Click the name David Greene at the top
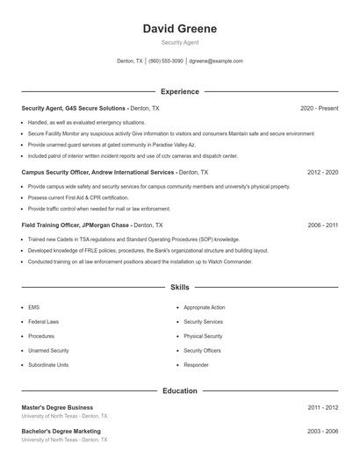(179, 29)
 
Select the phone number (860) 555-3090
(166, 61)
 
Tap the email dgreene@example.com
(216, 61)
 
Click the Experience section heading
(179, 91)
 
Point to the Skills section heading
(179, 287)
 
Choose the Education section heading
(179, 390)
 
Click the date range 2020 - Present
(319, 108)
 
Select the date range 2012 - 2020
(322, 173)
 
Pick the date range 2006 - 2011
(322, 225)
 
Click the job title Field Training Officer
(51, 225)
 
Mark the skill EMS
(34, 308)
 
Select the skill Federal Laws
(43, 322)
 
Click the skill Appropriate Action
(205, 308)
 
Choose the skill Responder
(196, 364)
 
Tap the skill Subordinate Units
(48, 364)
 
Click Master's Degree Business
(57, 407)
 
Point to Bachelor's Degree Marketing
(61, 432)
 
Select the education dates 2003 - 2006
(322, 432)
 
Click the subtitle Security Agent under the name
(179, 42)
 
